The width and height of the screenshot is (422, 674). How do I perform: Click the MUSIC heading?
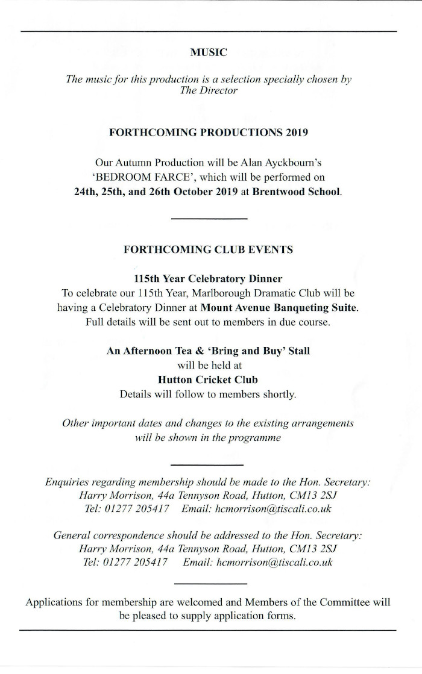tap(209, 52)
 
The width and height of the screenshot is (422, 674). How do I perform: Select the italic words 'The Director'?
tap(209, 90)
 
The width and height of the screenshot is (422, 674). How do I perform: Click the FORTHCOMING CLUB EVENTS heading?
tap(209, 249)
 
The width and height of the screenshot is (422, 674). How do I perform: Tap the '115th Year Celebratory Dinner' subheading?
tap(209, 279)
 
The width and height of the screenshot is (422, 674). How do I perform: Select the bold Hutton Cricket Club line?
tap(208, 379)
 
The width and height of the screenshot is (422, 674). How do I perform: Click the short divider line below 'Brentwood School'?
tap(209, 218)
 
